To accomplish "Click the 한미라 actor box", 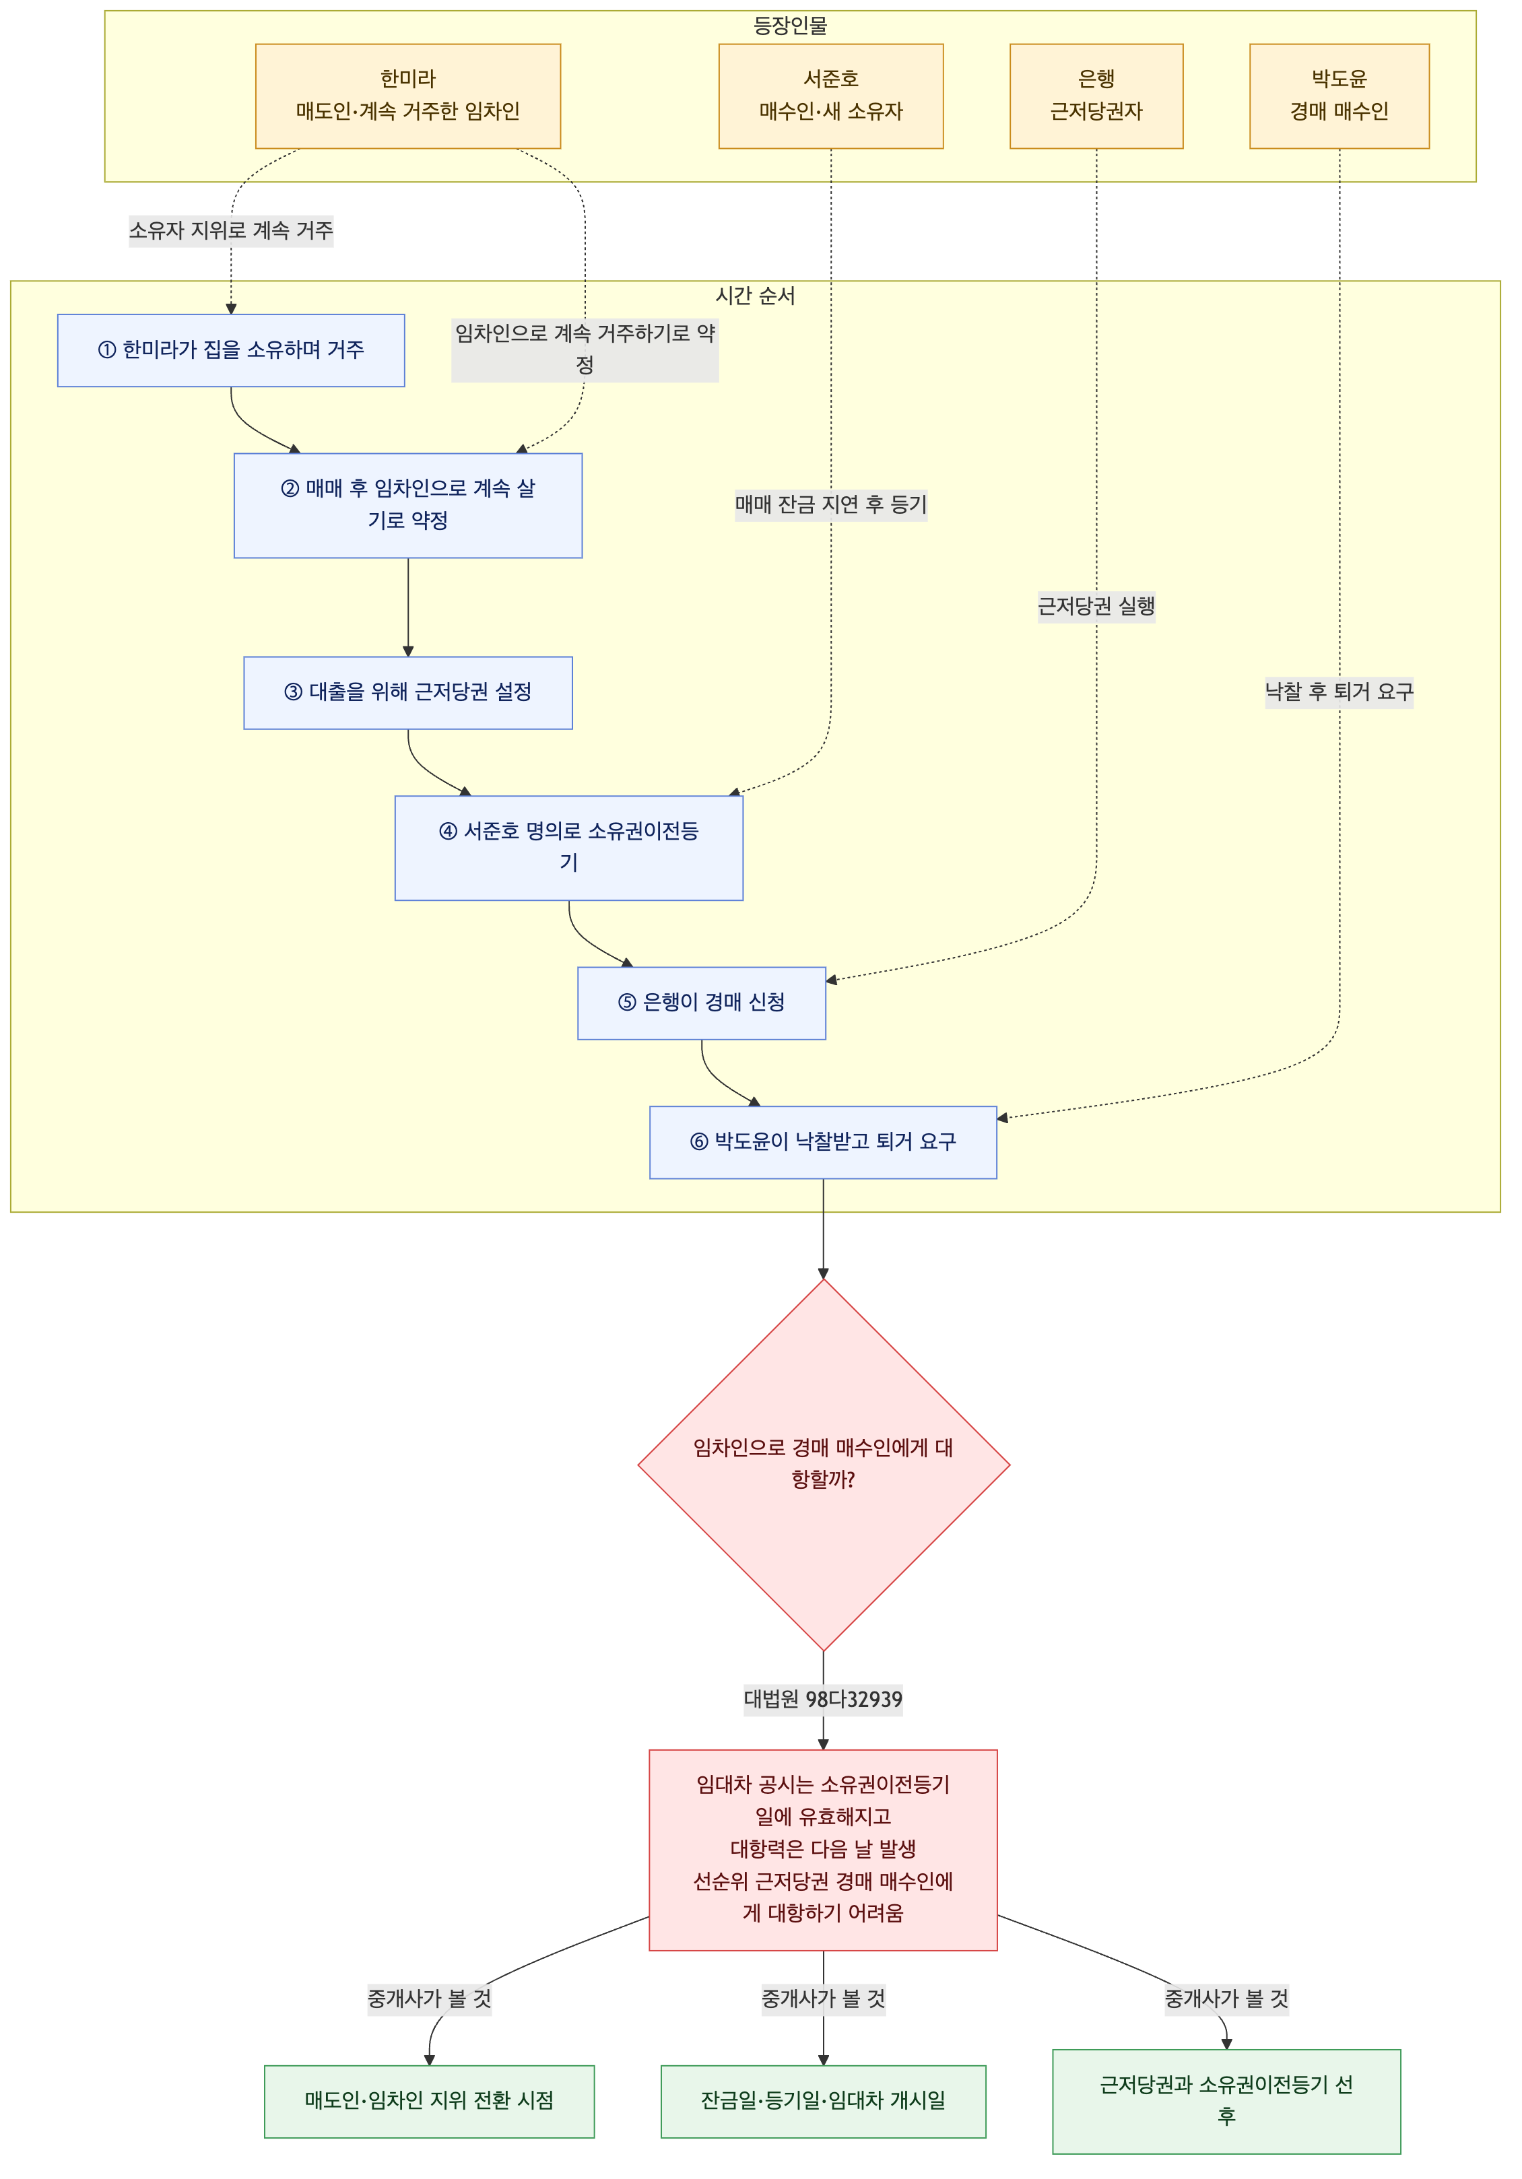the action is [x=408, y=96].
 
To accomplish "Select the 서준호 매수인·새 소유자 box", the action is [x=830, y=96].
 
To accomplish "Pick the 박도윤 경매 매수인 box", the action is [x=1339, y=96].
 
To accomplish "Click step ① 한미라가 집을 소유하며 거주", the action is [x=230, y=350].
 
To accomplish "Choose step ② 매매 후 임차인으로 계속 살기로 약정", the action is [x=408, y=505].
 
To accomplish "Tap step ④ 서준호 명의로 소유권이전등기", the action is [x=568, y=848].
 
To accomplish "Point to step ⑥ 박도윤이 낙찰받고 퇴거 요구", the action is [x=823, y=1142].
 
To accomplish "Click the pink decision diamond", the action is [x=824, y=1465].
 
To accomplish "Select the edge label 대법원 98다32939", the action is [x=823, y=1700].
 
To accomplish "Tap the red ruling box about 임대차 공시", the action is [x=823, y=1850].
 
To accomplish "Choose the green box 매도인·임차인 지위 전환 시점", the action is [x=429, y=2101].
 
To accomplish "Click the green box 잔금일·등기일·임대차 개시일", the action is [x=823, y=2101].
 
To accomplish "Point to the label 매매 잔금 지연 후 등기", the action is [x=830, y=505].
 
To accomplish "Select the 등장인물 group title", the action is [x=791, y=26].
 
